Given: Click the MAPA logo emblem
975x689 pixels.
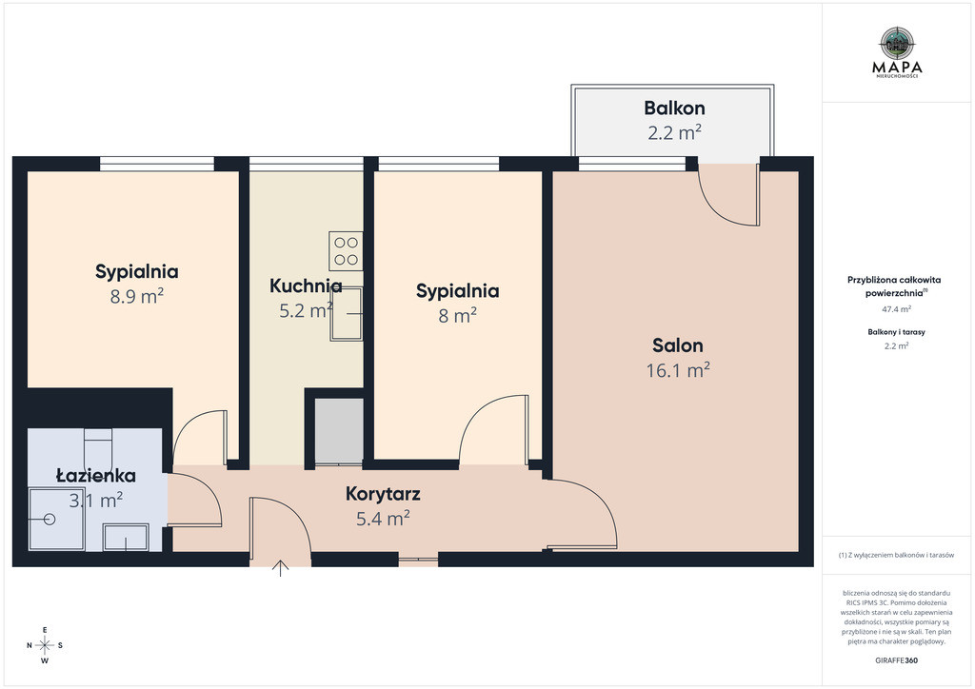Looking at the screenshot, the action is [x=897, y=44].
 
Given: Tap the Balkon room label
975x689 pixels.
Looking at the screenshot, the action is [x=674, y=108].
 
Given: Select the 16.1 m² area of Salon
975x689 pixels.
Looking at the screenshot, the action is [x=678, y=370].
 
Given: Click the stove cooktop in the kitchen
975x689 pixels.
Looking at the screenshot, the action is [x=346, y=251].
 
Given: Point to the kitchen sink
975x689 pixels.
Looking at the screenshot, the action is [x=347, y=314].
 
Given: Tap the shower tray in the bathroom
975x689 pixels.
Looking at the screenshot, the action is [x=56, y=519].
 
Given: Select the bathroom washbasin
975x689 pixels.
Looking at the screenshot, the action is [x=126, y=537].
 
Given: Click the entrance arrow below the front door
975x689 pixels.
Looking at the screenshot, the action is [x=281, y=568].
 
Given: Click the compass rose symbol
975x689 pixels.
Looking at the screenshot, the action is [x=45, y=645].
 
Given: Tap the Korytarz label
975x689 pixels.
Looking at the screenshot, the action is [x=383, y=494].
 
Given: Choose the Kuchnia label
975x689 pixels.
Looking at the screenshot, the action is [x=306, y=285].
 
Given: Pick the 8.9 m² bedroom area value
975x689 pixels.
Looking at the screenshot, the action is [x=137, y=296].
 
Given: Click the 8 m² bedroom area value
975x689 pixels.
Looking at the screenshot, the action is [x=458, y=316].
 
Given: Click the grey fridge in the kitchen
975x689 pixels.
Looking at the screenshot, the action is [x=339, y=430].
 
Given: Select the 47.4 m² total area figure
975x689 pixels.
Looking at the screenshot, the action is [x=896, y=308].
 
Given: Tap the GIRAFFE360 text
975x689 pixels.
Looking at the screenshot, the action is [x=896, y=659].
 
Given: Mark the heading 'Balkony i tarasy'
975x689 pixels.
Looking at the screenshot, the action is [x=896, y=332].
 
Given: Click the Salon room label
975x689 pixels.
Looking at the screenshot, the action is [x=678, y=345].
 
